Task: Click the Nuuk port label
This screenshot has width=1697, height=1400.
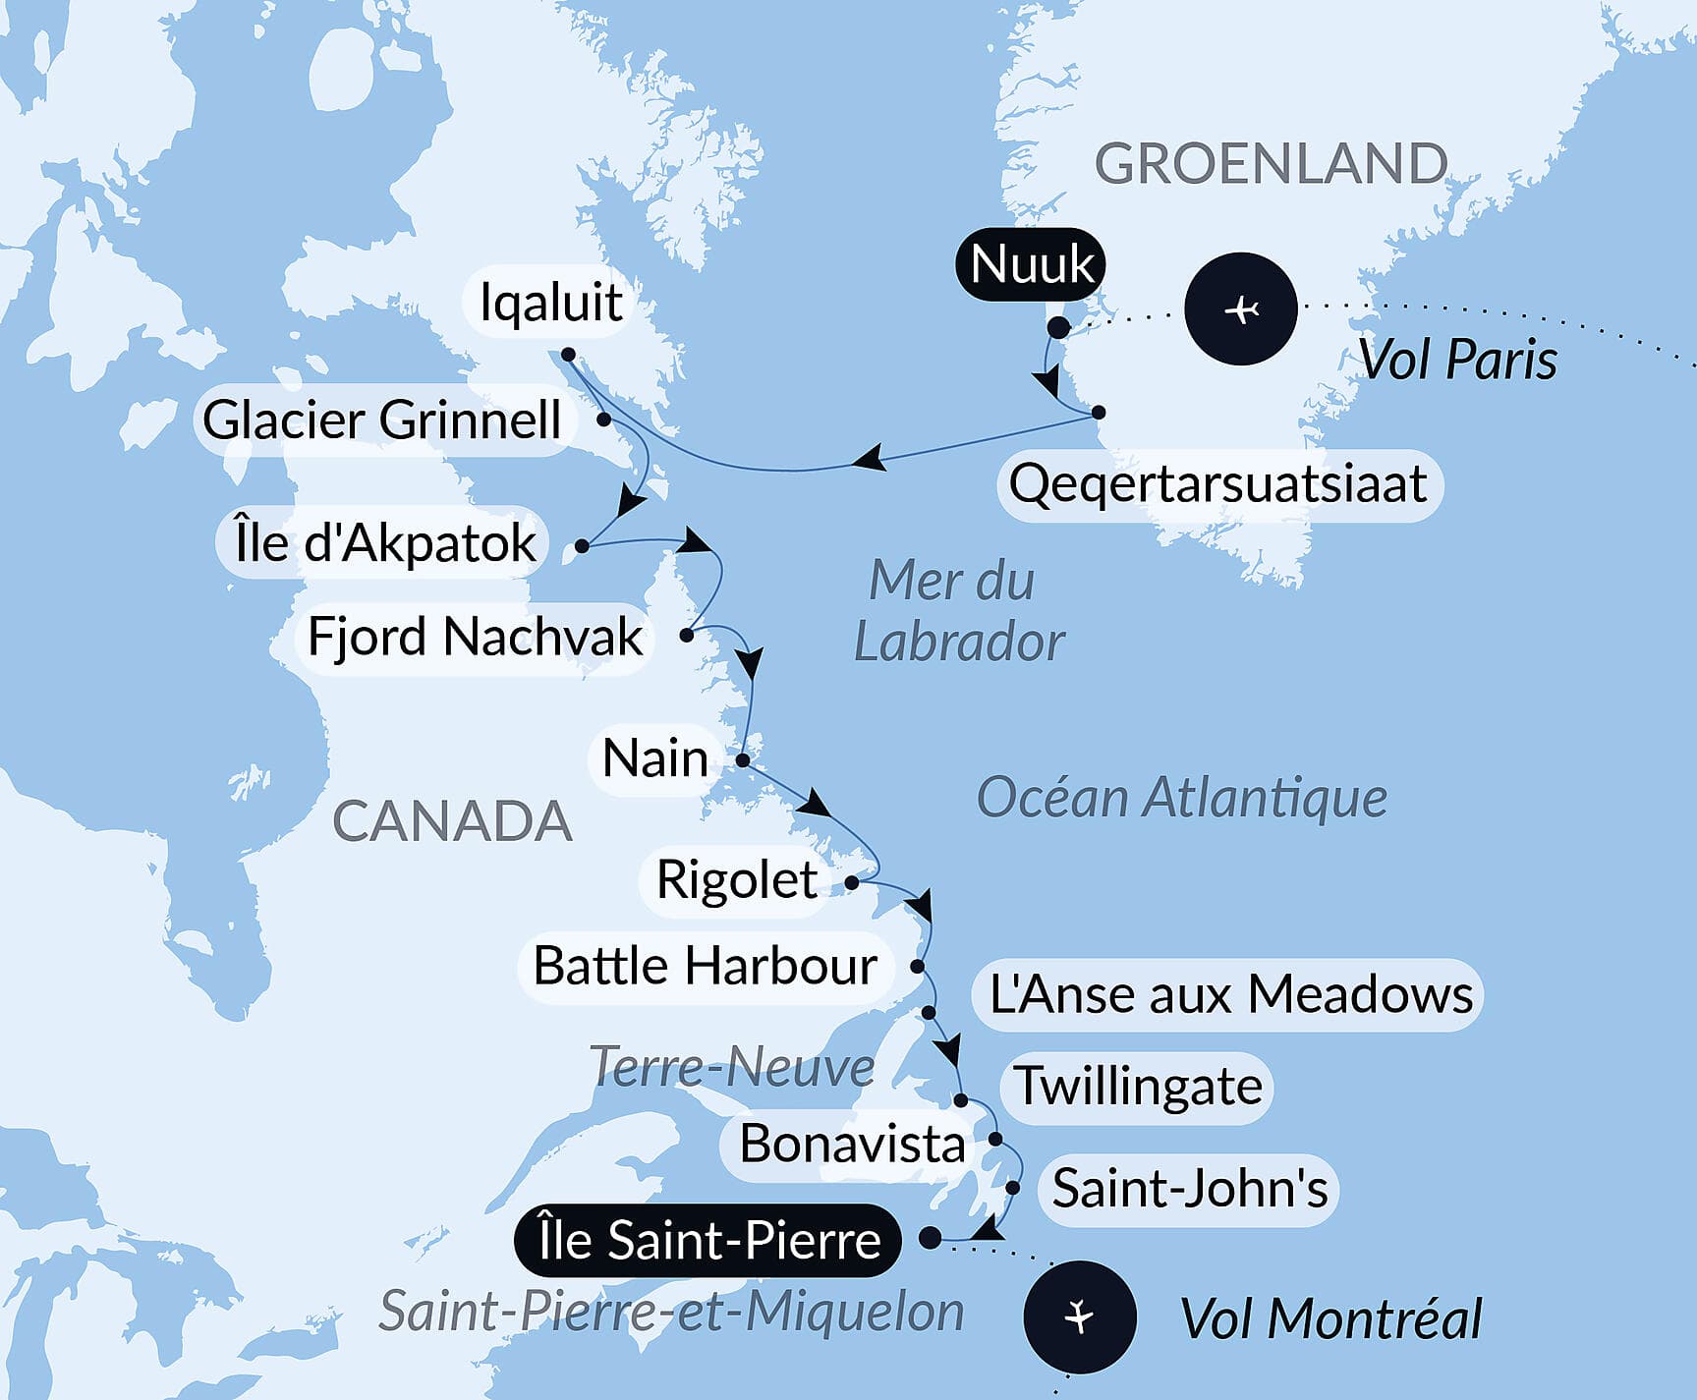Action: pos(1031,264)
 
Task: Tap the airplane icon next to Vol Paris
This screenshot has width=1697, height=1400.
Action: pos(1241,309)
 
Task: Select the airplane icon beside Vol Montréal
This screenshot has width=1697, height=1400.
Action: pos(1080,1316)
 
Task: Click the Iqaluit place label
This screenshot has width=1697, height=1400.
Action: pos(550,302)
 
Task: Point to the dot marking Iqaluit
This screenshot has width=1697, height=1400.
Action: pos(568,355)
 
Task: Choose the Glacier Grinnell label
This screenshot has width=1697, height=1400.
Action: pos(382,420)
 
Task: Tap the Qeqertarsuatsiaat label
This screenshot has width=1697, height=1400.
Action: pos(1218,484)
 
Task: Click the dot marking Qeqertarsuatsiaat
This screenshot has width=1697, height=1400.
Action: pos(1099,413)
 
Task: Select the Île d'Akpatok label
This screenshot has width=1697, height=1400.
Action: pos(384,542)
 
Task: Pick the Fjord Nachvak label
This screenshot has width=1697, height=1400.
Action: pos(475,637)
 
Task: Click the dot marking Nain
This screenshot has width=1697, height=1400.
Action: pos(743,760)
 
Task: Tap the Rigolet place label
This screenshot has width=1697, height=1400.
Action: pos(736,879)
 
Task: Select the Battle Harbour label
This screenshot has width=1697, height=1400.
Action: pos(705,966)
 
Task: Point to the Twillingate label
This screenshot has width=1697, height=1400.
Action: pos(1138,1086)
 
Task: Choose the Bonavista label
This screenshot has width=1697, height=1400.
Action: pos(852,1144)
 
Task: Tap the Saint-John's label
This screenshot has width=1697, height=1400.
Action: pos(1189,1188)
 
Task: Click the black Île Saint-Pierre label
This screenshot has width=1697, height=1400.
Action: pos(708,1240)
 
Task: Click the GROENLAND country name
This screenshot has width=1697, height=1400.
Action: pos(1270,163)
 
